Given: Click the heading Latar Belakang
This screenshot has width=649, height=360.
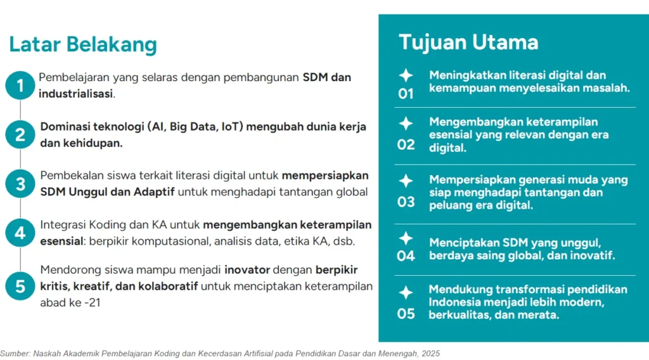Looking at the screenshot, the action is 83,45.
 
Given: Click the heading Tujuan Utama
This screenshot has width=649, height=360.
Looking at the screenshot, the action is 468,42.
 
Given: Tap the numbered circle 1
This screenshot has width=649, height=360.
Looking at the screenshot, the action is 20,85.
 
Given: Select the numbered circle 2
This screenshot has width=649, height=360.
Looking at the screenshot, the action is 20,134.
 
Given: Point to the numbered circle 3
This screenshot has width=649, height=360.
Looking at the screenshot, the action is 20,184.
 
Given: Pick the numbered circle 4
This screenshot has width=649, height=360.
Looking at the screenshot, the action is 20,233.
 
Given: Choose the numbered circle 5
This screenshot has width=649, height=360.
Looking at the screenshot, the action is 20,286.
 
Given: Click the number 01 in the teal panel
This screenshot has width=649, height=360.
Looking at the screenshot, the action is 406,94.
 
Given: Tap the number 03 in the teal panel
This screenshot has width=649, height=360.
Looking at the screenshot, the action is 406,202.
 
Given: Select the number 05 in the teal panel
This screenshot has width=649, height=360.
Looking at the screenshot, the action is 406,314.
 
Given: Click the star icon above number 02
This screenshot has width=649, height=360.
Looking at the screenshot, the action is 406,124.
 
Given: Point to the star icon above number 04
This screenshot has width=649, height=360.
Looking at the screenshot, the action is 406,238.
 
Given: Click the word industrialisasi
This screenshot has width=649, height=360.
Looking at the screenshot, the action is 76,94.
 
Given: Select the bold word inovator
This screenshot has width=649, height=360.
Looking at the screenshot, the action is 247,270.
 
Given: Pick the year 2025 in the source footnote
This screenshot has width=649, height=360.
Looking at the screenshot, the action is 431,354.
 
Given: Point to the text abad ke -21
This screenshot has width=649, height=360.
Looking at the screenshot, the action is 70,303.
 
